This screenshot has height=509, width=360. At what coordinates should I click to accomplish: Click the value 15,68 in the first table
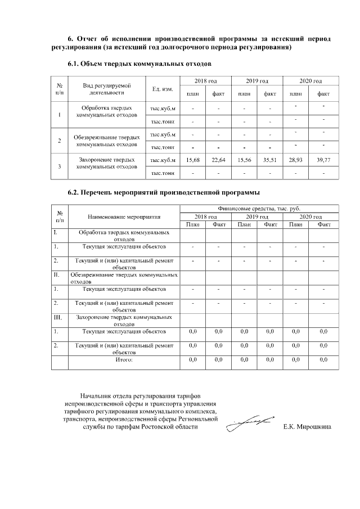coord(192,160)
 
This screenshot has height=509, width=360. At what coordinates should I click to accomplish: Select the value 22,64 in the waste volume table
coord(218,160)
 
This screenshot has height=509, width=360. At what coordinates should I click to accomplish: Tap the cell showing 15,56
coord(244,160)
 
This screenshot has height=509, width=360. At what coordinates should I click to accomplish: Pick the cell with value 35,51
coord(270,160)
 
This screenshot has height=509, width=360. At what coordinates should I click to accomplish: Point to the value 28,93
coord(296,160)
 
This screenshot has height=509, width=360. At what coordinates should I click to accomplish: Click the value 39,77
coord(323,160)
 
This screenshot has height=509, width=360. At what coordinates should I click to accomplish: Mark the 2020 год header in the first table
coord(310,82)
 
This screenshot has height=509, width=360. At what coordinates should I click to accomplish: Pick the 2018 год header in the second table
coord(205,217)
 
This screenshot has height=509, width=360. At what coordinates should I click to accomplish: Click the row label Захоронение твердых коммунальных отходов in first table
coord(107,163)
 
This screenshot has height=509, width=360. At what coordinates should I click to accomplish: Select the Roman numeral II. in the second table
coord(57,274)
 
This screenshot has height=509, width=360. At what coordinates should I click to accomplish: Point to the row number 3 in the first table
coord(60,166)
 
